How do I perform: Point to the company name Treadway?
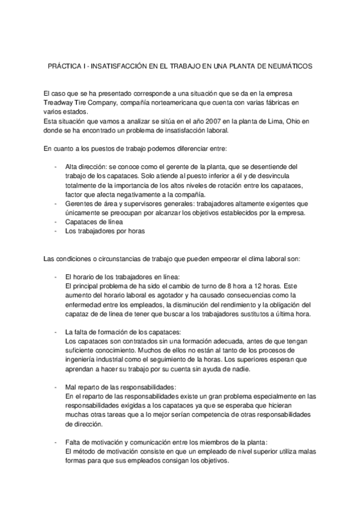[x=58, y=103]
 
